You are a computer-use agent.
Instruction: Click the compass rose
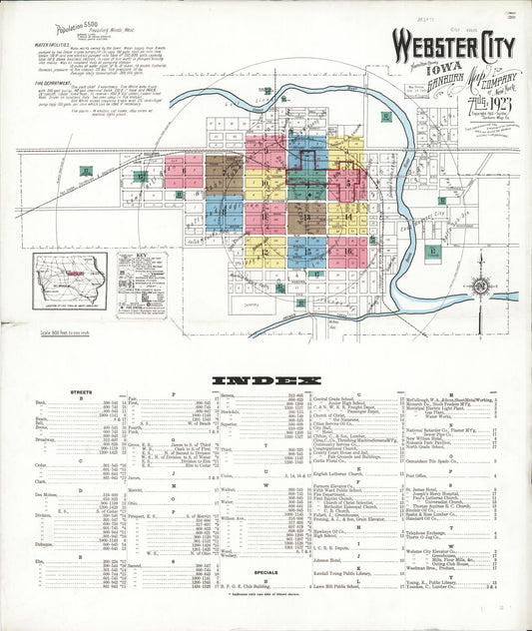tap(480, 286)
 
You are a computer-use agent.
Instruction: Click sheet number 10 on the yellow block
tap(266, 184)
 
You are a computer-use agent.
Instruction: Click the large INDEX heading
tap(266, 379)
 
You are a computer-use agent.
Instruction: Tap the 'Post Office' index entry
tap(415, 476)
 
